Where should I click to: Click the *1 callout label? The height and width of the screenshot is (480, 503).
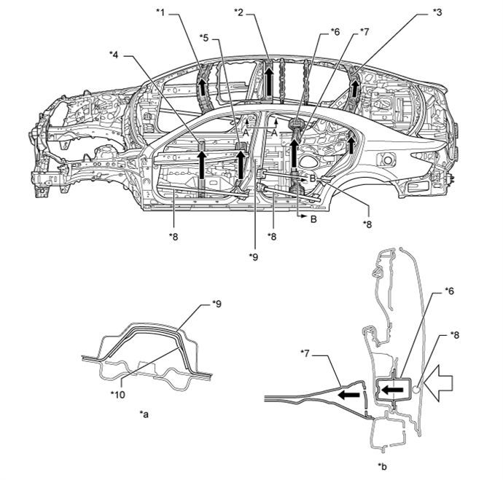pos(160,12)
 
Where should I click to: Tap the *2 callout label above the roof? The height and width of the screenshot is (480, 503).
pos(238,12)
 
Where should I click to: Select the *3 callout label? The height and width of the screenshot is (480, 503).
pos(437,12)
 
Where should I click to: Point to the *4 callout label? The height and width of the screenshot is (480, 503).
pos(114,55)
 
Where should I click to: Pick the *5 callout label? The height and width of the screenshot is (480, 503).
pos(203,38)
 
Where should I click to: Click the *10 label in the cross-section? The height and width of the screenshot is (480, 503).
pos(117,395)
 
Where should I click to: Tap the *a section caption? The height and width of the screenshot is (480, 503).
pos(144,414)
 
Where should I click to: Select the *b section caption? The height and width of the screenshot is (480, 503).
pos(383,467)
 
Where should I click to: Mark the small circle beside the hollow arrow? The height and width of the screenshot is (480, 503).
pos(416,390)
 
